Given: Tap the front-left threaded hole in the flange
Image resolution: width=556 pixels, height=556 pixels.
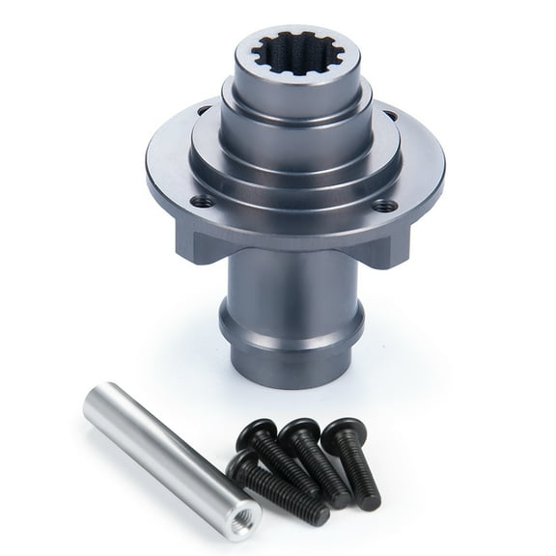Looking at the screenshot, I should [x=202, y=202].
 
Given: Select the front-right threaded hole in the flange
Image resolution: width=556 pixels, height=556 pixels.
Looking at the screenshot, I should [x=384, y=205].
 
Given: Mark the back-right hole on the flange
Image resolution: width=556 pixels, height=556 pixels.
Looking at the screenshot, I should [x=390, y=116].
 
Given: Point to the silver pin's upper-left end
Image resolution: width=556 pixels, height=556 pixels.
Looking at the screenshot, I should [x=97, y=399].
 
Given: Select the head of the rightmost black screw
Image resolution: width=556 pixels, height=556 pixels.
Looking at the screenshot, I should [x=342, y=431].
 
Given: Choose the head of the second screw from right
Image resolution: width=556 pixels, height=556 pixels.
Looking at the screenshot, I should [x=300, y=432].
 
